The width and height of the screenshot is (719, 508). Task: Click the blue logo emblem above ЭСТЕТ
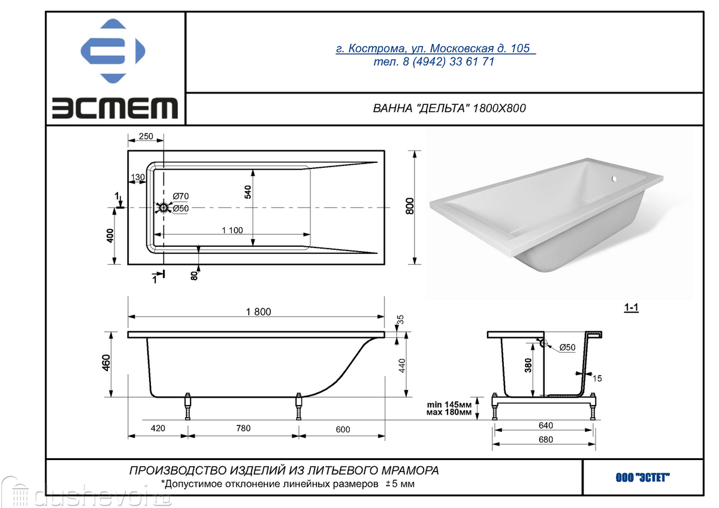point(113,51)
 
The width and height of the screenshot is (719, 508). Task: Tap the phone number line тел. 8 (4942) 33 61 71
point(434,61)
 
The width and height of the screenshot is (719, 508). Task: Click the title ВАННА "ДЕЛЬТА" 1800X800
point(449,108)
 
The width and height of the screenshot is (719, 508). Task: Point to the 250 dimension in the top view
point(146,136)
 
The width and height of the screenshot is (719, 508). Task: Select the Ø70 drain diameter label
point(181,196)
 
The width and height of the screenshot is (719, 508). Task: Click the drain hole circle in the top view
point(164,208)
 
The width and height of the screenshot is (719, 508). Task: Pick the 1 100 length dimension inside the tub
point(232,230)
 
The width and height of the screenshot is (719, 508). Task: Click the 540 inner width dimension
point(248,192)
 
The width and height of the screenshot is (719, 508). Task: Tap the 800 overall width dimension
point(410,206)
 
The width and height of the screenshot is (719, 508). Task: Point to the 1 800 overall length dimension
point(258,312)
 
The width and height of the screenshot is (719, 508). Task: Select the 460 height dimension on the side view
point(106,362)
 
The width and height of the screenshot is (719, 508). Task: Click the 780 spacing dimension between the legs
point(243,428)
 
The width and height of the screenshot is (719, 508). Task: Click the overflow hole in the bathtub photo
point(614,179)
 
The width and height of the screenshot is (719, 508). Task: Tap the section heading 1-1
point(631,307)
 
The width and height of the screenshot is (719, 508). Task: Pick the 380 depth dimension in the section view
point(528,365)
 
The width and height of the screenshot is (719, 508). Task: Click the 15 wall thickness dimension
point(597,379)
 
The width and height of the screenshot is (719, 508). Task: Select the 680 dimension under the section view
point(546,439)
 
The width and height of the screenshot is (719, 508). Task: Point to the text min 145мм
point(449,404)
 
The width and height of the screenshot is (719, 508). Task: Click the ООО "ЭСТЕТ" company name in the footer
point(642,477)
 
